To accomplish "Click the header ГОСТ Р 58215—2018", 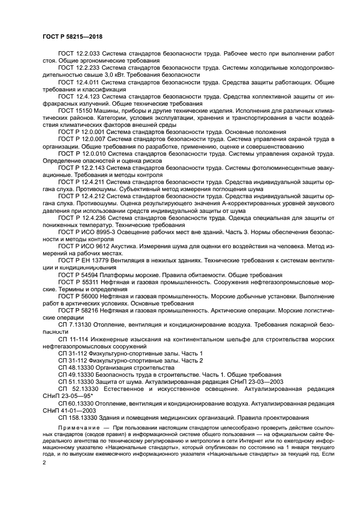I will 72,37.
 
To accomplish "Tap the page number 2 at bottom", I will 45,462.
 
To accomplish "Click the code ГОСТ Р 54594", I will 77,274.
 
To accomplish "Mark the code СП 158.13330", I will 79,418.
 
